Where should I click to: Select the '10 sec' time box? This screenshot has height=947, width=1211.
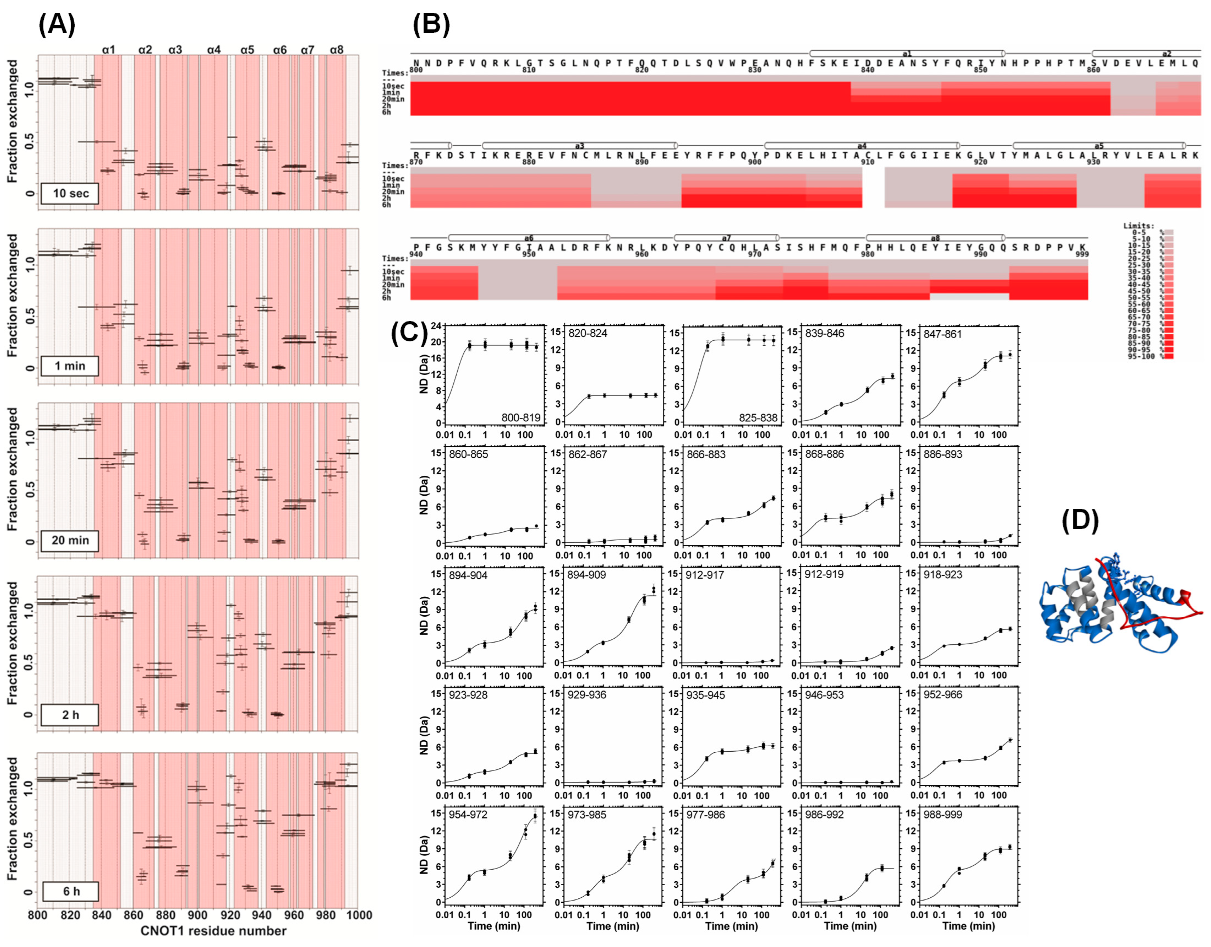click(x=70, y=193)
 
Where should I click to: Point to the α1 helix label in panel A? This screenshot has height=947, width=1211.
click(x=109, y=50)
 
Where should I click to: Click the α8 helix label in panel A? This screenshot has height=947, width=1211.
click(x=337, y=50)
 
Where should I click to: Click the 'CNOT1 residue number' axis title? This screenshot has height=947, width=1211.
click(x=213, y=931)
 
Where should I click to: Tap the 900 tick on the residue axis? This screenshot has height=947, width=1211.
click(x=197, y=915)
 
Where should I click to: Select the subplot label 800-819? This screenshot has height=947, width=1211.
click(x=521, y=417)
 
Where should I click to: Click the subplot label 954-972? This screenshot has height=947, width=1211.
click(x=468, y=814)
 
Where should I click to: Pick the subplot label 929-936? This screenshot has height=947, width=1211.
click(x=587, y=695)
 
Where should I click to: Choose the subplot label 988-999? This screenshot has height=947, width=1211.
click(x=943, y=814)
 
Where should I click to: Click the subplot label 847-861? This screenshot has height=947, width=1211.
click(x=943, y=334)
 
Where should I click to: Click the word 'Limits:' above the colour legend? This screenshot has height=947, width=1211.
click(x=1138, y=226)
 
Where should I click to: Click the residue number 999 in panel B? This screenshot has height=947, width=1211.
click(x=1082, y=254)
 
